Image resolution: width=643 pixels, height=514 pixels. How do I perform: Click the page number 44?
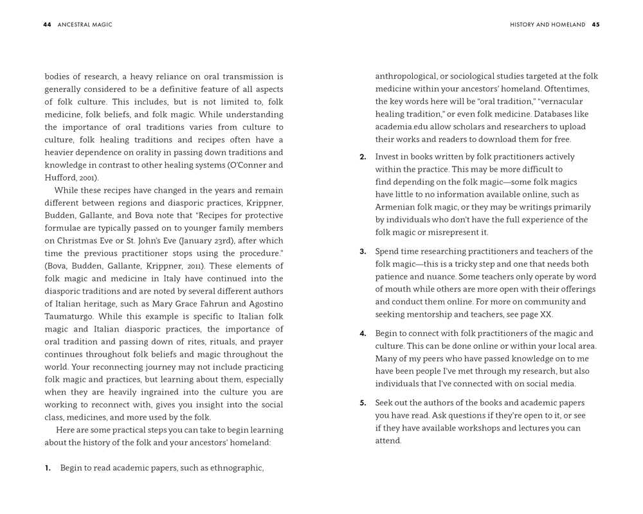[x=47, y=24]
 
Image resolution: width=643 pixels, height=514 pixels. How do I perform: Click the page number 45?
[x=595, y=24]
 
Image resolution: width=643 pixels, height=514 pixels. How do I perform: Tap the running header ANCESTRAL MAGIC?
[x=85, y=24]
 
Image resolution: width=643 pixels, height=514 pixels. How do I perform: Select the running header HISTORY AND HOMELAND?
[x=547, y=24]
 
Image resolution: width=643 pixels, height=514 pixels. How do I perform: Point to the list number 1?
[x=48, y=468]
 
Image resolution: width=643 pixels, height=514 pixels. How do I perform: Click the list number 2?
[x=363, y=157]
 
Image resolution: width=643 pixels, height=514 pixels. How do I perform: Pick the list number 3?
[x=363, y=252]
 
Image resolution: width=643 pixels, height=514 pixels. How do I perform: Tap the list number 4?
[x=363, y=333]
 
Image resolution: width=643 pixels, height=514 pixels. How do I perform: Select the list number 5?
[x=363, y=403]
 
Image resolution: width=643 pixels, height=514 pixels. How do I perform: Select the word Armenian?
[x=396, y=208]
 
